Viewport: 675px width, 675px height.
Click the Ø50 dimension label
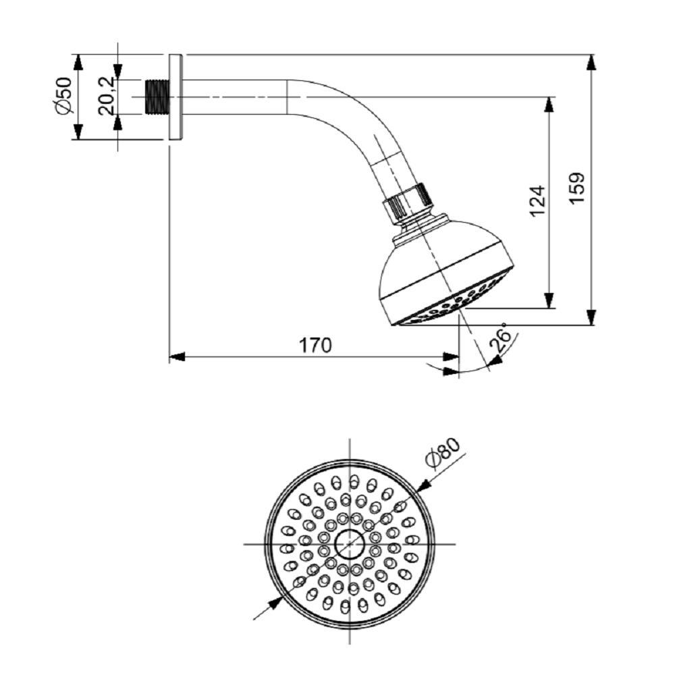pos(64,96)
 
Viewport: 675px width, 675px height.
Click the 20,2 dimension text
pos(106,97)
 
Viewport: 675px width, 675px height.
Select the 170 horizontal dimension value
pos(316,345)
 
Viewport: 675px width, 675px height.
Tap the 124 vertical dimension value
pos(537,200)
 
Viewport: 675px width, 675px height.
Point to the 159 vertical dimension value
pos(578,190)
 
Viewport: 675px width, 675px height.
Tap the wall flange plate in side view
pos(175,97)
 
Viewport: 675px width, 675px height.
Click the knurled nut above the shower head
pos(407,199)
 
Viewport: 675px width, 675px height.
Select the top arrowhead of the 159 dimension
pos(591,62)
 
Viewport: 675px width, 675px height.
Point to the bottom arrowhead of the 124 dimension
pos(549,301)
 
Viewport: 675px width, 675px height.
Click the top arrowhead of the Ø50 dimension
pos(78,61)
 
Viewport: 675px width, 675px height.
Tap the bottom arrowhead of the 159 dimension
pos(591,317)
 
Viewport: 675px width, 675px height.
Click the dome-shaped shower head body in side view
pos(446,270)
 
